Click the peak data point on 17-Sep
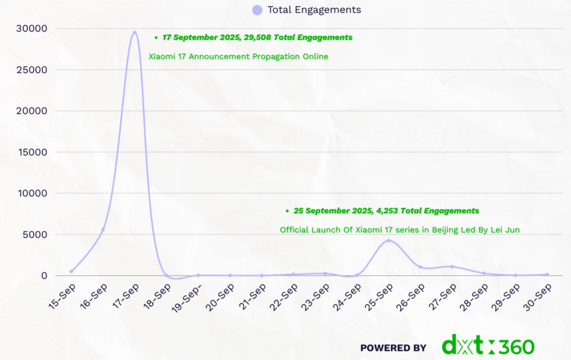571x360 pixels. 135,33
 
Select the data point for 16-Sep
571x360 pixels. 103,229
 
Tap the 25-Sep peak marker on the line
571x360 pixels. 388,241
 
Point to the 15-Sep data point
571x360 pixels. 71,272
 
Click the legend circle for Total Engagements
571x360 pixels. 257,10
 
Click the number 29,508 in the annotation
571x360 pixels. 258,37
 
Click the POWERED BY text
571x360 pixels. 393,348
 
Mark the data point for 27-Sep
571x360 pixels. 452,266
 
